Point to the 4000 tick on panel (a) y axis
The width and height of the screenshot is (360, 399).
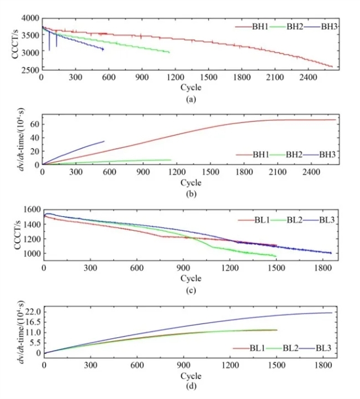click(30, 19)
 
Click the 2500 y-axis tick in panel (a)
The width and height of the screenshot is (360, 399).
click(30, 70)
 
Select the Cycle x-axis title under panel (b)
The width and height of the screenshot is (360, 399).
click(190, 182)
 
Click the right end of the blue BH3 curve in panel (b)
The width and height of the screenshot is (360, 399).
click(104, 141)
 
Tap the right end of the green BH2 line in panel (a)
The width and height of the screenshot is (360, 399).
click(169, 52)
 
